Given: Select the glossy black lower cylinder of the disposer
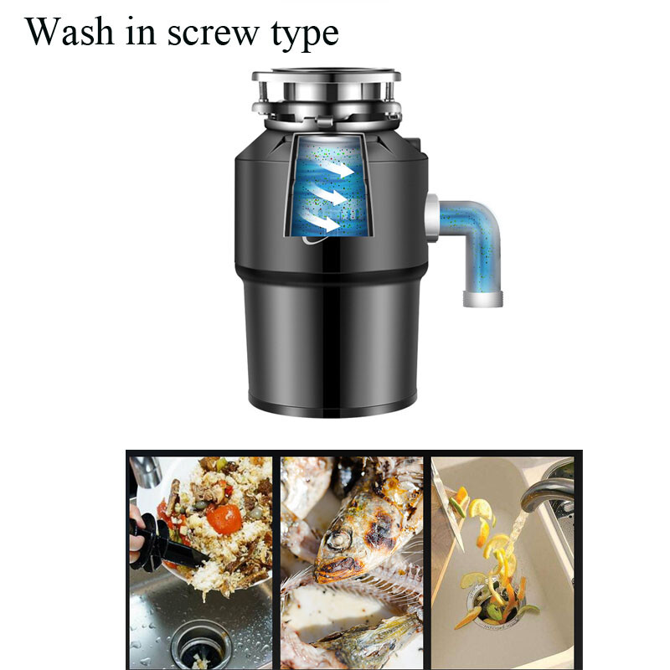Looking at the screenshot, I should point(333,343).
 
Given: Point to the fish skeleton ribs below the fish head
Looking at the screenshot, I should point(368,586).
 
